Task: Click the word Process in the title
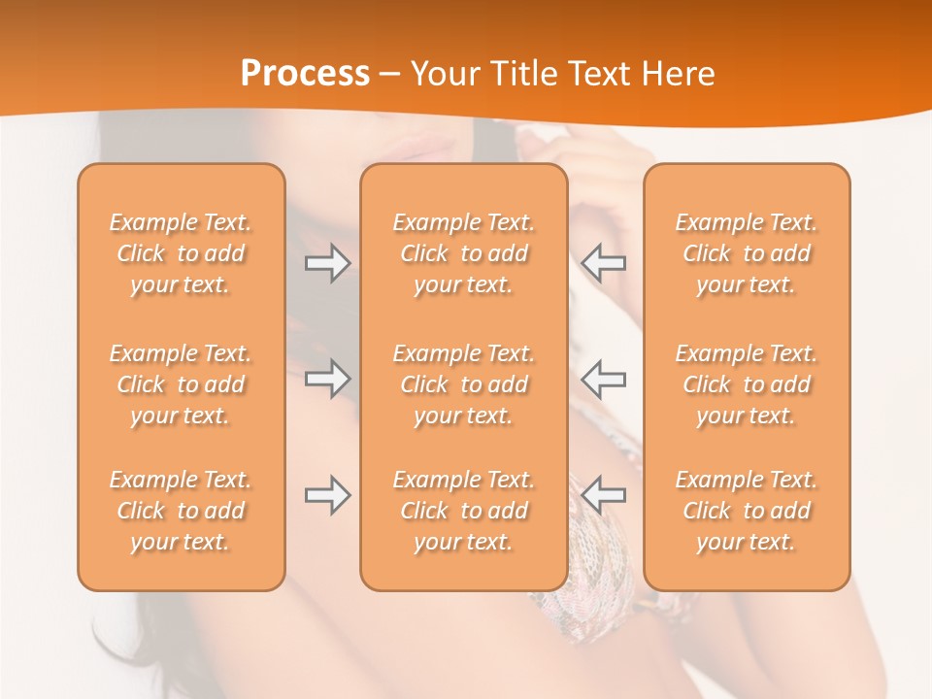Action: pos(305,74)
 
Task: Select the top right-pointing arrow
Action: pos(328,263)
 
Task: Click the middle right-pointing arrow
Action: pos(328,378)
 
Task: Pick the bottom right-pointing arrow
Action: pos(328,495)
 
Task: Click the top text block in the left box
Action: pos(181,253)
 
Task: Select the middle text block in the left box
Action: pos(181,384)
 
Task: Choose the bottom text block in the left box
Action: pos(181,511)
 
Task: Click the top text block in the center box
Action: pos(464,253)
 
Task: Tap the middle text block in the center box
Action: pos(464,384)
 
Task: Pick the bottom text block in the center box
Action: pos(464,511)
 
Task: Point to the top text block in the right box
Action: pos(747,253)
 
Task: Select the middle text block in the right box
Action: pos(747,384)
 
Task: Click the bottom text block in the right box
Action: pos(747,511)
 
